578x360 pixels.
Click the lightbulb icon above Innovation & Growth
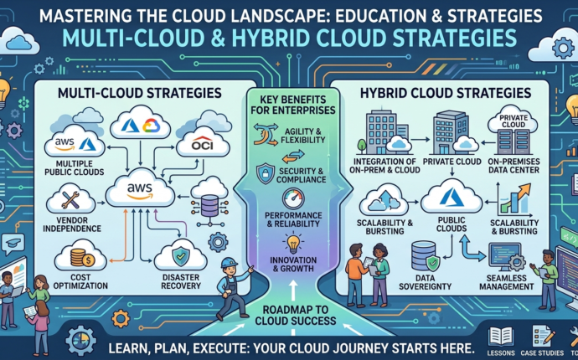[292, 244]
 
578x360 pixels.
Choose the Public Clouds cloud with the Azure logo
[451, 199]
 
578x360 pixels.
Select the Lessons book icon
[501, 337]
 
